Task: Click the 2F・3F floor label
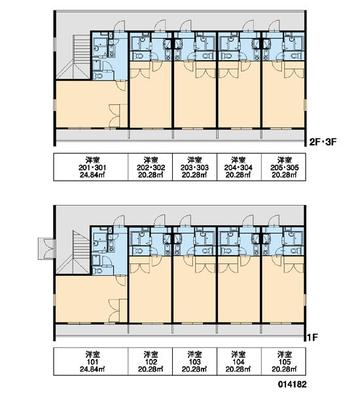(323, 142)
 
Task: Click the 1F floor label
(312, 337)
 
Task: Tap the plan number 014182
(292, 384)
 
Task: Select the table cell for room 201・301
(91, 167)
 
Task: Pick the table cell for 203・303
(194, 167)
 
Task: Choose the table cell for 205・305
(283, 167)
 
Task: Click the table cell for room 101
(91, 362)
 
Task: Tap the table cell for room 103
(194, 362)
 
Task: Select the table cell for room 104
(239, 362)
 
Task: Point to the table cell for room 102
(151, 362)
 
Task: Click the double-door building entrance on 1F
(46, 249)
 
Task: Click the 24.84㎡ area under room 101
(92, 369)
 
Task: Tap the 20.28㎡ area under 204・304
(238, 175)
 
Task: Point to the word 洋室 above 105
(285, 354)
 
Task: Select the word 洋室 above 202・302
(151, 160)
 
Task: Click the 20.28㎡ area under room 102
(151, 369)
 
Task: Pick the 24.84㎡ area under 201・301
(92, 175)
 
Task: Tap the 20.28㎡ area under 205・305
(284, 175)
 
